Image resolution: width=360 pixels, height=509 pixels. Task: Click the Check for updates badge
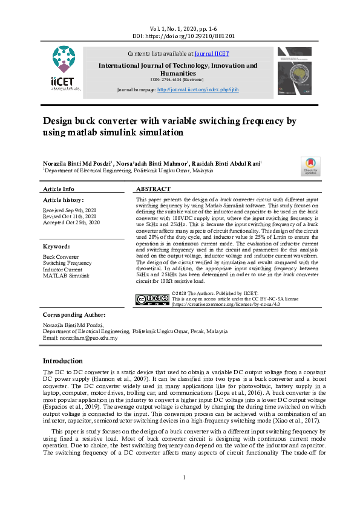(x=310, y=167)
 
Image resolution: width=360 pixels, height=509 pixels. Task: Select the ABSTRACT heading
(x=153, y=189)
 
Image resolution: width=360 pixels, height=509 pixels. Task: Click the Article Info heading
(x=59, y=189)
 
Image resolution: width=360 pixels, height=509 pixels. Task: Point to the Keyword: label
(x=56, y=247)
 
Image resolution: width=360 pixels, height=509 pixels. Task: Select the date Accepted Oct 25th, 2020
(x=71, y=222)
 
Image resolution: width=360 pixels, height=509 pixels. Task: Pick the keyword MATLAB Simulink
(x=66, y=276)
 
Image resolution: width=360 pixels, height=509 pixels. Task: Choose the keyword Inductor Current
(x=63, y=270)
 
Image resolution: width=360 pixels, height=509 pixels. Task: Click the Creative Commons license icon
(x=152, y=299)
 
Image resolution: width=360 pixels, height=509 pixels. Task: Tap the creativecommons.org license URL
(x=220, y=305)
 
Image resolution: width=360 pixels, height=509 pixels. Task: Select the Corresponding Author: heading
(x=74, y=316)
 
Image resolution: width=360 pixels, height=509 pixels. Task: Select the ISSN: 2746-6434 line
(x=177, y=79)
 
